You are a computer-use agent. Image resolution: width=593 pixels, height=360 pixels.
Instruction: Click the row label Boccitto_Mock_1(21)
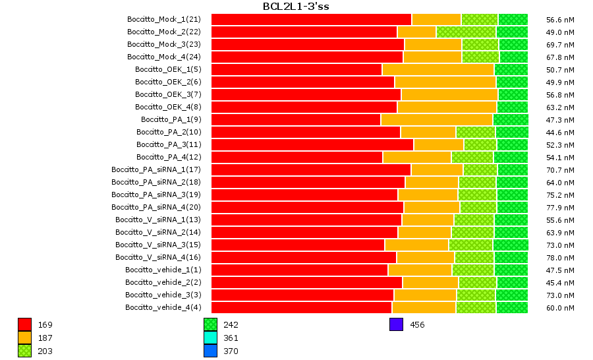[163, 19]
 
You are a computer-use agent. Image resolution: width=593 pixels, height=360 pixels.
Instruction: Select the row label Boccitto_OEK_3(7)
[168, 94]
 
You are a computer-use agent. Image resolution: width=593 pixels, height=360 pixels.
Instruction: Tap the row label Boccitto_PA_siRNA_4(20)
[155, 207]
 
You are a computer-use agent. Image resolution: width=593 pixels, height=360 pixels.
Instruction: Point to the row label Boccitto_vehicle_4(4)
[163, 307]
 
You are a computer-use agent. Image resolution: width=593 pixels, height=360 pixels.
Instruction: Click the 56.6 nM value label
[561, 20]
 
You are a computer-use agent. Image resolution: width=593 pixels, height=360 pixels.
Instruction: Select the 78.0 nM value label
[561, 258]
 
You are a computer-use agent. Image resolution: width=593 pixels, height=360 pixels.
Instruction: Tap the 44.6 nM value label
[561, 133]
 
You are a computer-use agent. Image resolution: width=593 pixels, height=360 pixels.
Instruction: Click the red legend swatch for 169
[24, 324]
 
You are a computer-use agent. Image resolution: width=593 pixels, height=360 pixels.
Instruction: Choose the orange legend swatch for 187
[24, 338]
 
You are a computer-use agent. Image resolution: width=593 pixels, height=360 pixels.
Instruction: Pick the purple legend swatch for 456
[396, 324]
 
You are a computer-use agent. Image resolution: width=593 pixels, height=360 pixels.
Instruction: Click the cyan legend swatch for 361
[210, 338]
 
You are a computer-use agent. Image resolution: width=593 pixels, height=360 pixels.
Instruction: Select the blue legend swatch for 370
[210, 351]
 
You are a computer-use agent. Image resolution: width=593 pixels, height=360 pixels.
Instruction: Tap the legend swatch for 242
[210, 324]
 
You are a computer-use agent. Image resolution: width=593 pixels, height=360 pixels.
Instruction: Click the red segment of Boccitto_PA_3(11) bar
[312, 144]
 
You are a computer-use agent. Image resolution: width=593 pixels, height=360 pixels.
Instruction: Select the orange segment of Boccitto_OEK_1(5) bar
[438, 69]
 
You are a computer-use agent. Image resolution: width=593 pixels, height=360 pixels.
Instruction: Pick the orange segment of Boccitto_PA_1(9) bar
[436, 119]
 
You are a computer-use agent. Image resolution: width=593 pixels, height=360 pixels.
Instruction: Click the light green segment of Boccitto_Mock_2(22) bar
[466, 32]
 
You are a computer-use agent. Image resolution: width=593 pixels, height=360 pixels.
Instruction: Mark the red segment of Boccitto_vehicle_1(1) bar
[299, 270]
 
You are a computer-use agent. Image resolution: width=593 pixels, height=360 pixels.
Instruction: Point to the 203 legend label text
[45, 351]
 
